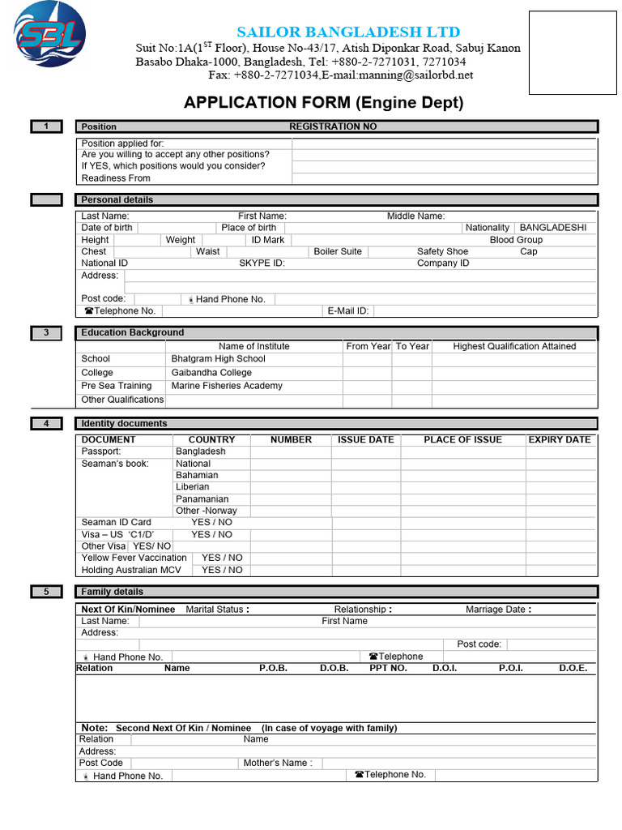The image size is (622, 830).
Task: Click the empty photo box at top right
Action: (573, 53)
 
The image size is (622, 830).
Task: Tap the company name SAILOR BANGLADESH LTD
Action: (348, 32)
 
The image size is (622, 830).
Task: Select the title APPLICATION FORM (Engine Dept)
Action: (324, 102)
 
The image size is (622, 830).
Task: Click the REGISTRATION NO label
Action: (333, 126)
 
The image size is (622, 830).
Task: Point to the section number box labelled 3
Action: (46, 332)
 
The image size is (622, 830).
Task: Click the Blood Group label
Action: (516, 240)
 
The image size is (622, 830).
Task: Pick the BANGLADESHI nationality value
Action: (553, 228)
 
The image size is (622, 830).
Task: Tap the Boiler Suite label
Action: (338, 251)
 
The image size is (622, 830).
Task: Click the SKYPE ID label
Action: (262, 263)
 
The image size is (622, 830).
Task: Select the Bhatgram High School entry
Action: (218, 358)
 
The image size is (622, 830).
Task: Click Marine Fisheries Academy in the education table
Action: (227, 386)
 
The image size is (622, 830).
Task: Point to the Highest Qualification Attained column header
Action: (514, 346)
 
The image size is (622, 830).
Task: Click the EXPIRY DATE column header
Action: (560, 439)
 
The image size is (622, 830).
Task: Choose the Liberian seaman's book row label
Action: (192, 487)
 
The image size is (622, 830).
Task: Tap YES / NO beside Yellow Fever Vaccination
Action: (222, 558)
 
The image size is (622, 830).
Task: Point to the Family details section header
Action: (112, 592)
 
